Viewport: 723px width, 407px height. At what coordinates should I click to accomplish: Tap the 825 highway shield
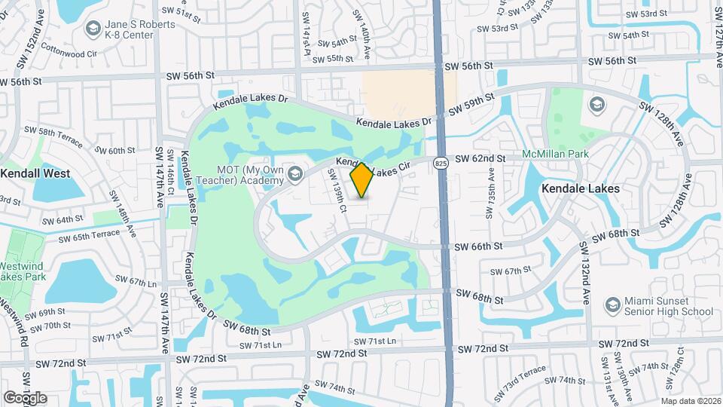(441, 162)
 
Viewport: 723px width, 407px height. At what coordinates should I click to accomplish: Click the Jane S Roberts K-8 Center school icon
(93, 29)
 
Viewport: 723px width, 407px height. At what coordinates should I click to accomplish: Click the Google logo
(25, 398)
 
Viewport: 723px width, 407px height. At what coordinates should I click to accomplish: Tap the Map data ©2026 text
(691, 401)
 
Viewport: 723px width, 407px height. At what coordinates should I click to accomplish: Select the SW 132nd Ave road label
(585, 271)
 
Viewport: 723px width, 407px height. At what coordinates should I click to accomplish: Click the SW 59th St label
(471, 105)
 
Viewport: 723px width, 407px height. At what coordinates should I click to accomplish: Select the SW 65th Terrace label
(89, 234)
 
